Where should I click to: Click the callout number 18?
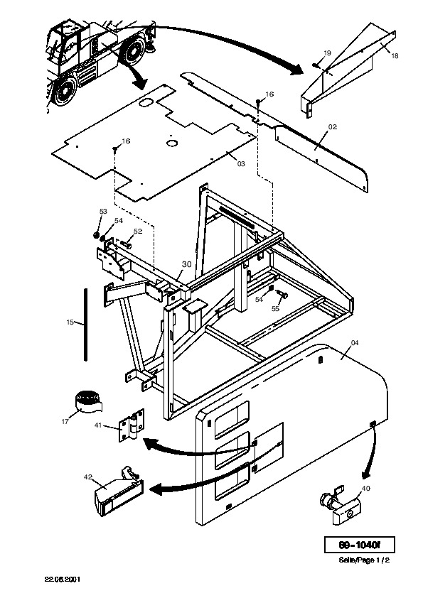pos(395,55)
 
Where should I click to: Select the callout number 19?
pos(328,53)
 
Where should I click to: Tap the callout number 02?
pos(333,126)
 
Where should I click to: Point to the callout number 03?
pos(241,163)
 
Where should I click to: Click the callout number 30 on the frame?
pos(186,264)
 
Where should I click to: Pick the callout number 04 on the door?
pos(355,342)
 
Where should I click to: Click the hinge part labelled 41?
pos(132,425)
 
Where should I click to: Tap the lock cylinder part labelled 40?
pos(339,504)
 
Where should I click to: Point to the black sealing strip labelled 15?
pos(86,324)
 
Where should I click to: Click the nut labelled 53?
pos(97,234)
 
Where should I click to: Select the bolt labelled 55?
pos(284,295)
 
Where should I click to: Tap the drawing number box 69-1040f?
pos(359,545)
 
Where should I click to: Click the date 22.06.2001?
pos(63,579)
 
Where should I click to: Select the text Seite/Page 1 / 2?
pos(364,560)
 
